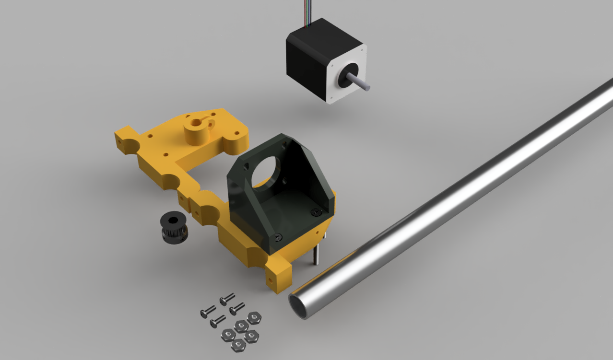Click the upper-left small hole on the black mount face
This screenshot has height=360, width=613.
tap(247, 165)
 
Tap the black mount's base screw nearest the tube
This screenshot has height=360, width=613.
tap(315, 212)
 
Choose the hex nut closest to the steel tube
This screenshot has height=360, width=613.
tap(253, 318)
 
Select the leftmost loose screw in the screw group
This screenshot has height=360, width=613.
tap(207, 312)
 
